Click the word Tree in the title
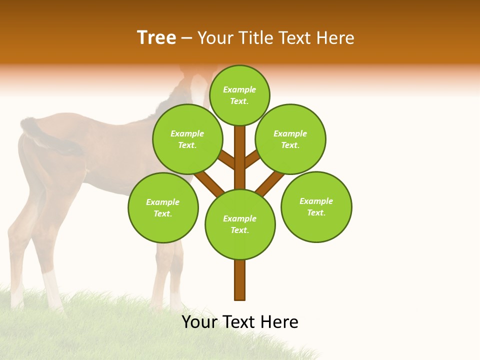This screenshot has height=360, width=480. pyautogui.click(x=156, y=38)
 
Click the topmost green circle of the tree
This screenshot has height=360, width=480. pyautogui.click(x=239, y=95)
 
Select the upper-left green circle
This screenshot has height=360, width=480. pyautogui.click(x=187, y=139)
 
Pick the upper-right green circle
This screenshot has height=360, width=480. pyautogui.click(x=290, y=139)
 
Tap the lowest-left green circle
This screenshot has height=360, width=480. pyautogui.click(x=163, y=207)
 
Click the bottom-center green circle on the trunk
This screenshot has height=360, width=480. pyautogui.click(x=240, y=224)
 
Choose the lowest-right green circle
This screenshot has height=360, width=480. pyautogui.click(x=316, y=206)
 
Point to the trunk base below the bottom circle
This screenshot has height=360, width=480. pyautogui.click(x=240, y=280)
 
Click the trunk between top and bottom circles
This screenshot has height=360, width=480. pyautogui.click(x=240, y=157)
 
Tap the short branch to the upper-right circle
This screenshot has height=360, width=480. pyautogui.click(x=252, y=159)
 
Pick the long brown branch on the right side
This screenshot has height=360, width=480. pyautogui.click(x=270, y=182)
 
